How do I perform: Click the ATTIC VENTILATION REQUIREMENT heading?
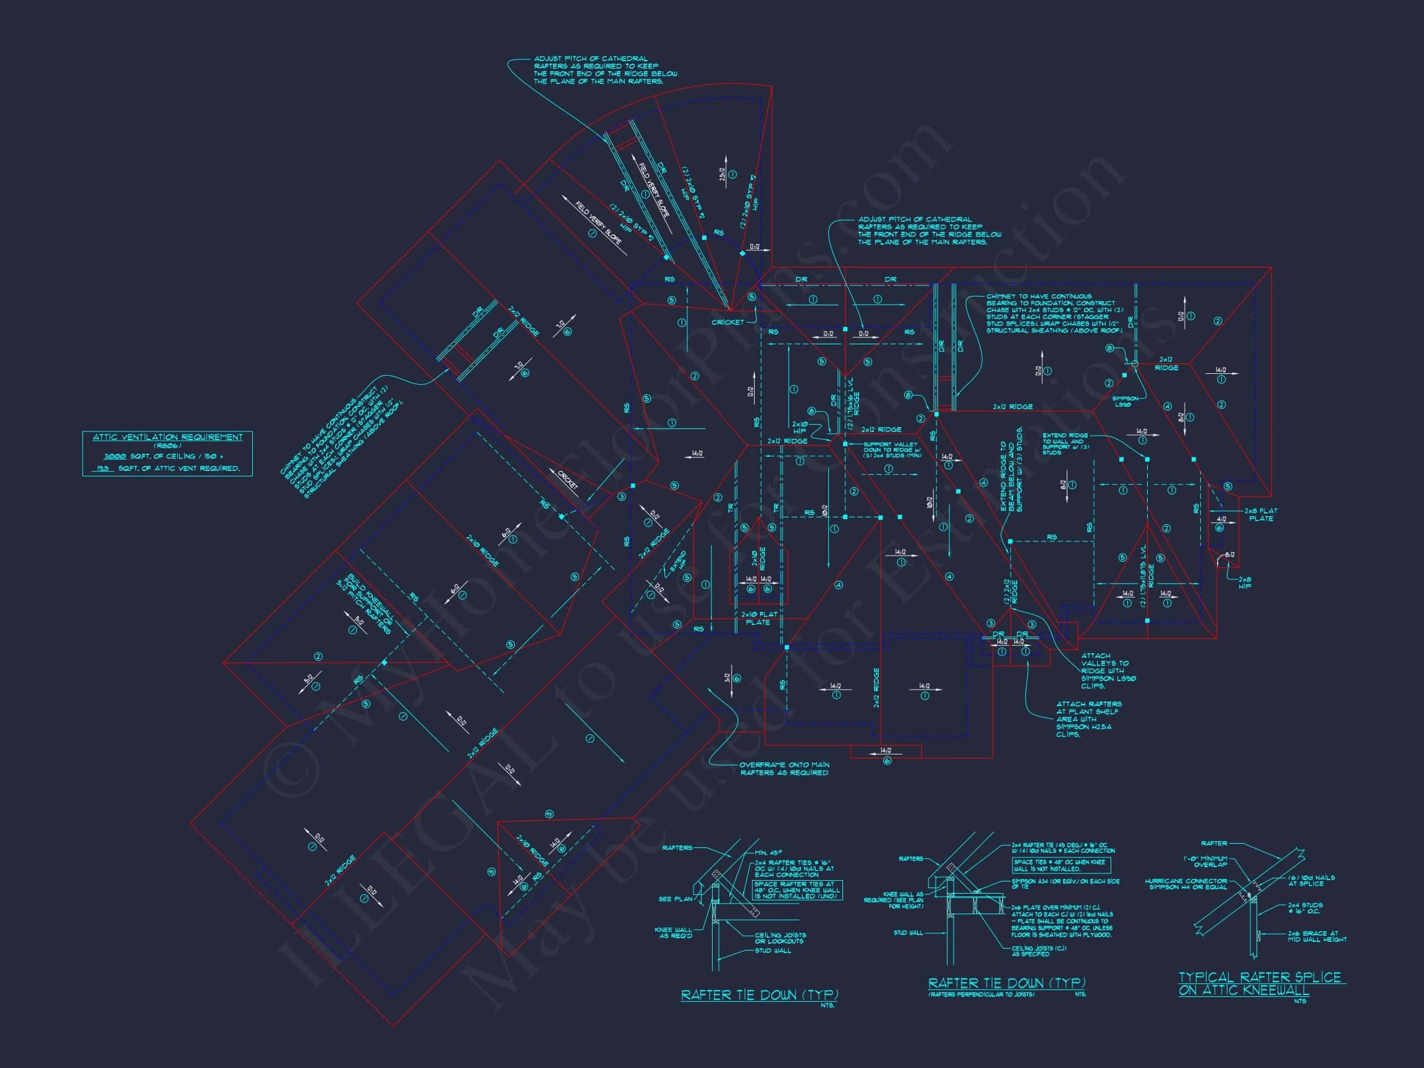[167, 437]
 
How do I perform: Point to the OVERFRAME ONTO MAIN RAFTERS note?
[784, 769]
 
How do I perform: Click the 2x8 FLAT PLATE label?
[1260, 514]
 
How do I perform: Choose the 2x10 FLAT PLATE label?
[759, 618]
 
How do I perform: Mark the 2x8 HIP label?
[1244, 582]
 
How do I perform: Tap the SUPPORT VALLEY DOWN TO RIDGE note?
[892, 449]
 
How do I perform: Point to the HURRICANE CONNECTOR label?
[1186, 884]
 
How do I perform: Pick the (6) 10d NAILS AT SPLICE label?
[1312, 880]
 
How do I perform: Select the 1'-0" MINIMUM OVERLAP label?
[1205, 862]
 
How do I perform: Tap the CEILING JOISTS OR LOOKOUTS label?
[779, 938]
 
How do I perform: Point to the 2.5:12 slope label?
[723, 177]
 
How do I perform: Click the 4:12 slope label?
[1221, 519]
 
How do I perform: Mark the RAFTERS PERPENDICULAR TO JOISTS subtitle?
[980, 994]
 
